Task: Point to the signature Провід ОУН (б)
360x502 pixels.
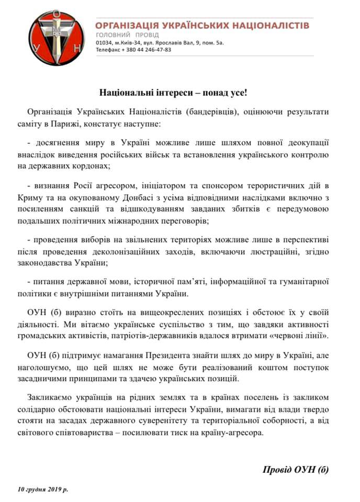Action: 296,469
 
